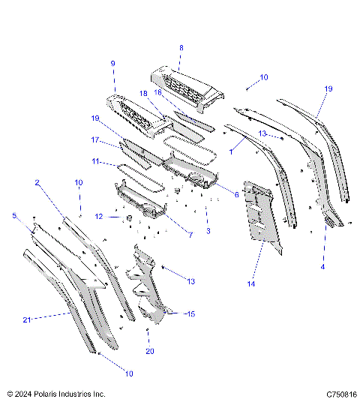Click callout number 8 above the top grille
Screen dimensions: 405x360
click(x=180, y=47)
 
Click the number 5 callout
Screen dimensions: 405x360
click(x=13, y=216)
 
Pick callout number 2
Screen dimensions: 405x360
click(x=37, y=182)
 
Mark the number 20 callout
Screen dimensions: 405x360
click(x=149, y=351)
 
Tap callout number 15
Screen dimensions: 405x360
click(x=190, y=313)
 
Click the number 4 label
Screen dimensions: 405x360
click(x=323, y=265)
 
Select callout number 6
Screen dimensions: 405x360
click(x=236, y=195)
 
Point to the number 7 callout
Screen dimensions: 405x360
click(x=190, y=235)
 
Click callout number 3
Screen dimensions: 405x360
click(x=207, y=230)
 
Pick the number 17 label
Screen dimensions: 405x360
click(x=95, y=139)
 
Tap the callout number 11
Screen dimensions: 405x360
click(x=97, y=161)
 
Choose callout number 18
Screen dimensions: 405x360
click(x=143, y=93)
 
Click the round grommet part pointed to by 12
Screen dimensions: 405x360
click(x=127, y=217)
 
